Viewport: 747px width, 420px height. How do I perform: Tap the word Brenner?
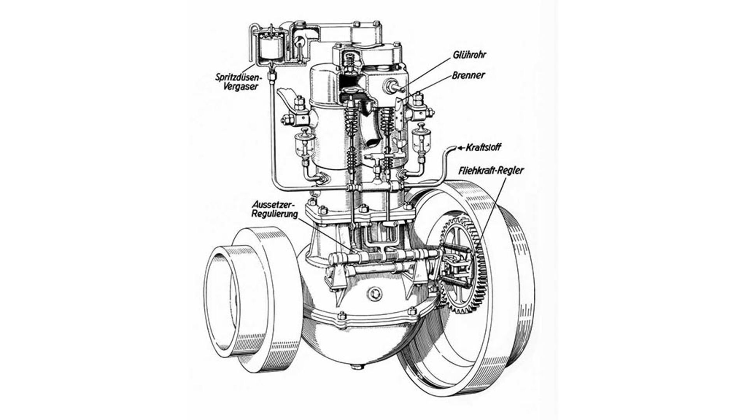point(468,75)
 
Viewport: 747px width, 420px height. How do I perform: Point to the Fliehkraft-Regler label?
point(491,170)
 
